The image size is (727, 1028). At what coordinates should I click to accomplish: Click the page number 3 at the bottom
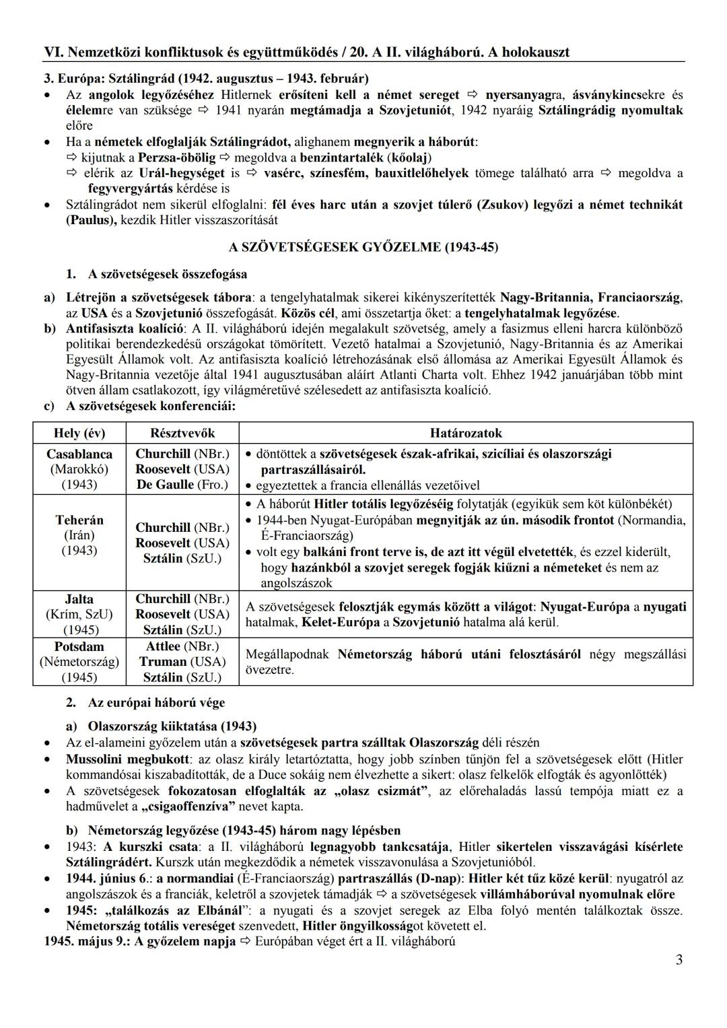(679, 960)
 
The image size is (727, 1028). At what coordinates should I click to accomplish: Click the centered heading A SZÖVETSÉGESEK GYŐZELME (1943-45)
(363, 247)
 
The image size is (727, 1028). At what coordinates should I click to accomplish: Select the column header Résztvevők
(182, 433)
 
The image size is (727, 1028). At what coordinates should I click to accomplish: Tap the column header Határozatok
(466, 433)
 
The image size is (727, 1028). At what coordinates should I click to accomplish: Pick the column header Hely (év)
(79, 433)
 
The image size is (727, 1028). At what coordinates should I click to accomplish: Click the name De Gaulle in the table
(164, 485)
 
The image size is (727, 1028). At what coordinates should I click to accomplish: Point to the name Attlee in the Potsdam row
(163, 646)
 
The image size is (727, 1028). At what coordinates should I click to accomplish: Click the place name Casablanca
(79, 454)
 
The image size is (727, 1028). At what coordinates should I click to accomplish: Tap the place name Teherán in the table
(79, 520)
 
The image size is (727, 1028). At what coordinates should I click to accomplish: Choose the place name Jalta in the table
(79, 599)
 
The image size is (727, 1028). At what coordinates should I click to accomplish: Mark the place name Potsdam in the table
(79, 646)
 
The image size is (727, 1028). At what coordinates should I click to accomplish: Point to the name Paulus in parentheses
(91, 220)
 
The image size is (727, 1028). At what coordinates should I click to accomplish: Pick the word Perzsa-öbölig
(176, 158)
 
